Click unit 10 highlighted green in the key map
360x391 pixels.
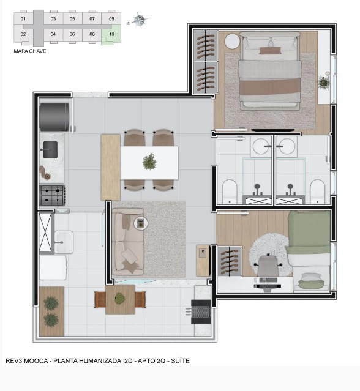111,35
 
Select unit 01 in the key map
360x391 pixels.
23,19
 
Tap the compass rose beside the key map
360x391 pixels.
140,21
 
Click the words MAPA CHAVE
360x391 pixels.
29,51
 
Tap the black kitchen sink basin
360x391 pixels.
49,148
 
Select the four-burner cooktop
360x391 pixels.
52,195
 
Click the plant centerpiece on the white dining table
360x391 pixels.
149,162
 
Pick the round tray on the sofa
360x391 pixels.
141,223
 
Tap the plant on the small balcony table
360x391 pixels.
120,299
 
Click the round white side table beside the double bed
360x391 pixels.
232,42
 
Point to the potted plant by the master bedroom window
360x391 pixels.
323,81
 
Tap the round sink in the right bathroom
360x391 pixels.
285,146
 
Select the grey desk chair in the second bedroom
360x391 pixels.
267,265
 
